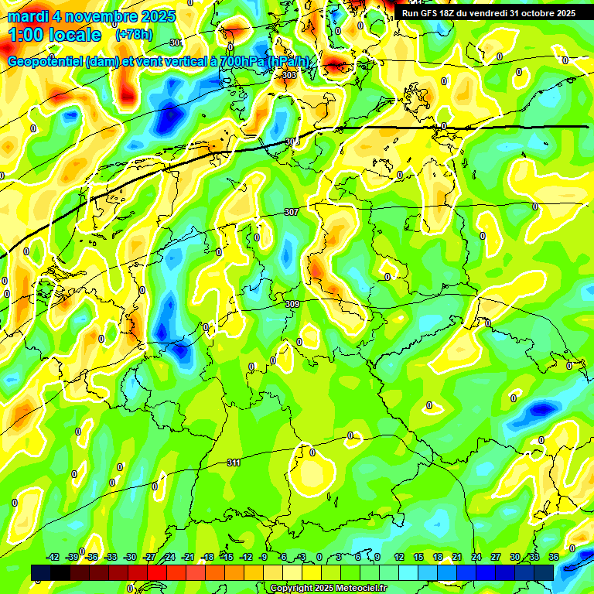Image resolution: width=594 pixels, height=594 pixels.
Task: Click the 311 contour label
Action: point(234,463)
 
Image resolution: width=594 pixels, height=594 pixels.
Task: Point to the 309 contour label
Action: point(292,305)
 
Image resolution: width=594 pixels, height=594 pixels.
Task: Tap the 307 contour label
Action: point(291,212)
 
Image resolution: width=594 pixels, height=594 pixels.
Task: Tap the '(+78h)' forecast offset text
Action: point(132,35)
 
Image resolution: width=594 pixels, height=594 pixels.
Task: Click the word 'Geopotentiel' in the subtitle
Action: point(46,62)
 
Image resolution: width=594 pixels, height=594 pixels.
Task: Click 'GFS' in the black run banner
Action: point(432,13)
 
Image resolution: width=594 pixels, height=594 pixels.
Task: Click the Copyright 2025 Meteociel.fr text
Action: point(328,589)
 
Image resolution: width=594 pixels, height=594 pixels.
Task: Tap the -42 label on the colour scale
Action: point(53,557)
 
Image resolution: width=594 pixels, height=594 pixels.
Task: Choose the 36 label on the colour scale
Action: point(554,557)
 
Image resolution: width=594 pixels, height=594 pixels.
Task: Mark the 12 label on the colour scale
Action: point(399,557)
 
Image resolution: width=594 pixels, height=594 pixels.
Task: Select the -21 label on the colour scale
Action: point(188,557)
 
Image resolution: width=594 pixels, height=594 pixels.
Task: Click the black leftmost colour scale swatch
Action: point(41,572)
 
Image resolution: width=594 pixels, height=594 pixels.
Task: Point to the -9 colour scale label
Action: point(264,557)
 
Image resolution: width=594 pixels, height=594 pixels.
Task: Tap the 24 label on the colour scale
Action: point(476,557)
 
